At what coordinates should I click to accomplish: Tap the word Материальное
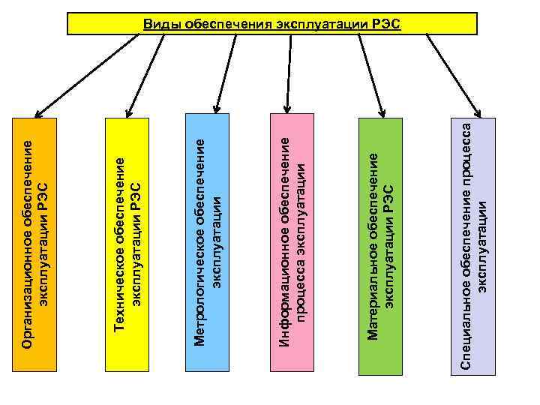coord(372,295)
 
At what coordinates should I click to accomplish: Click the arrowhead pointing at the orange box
coord(37,110)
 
